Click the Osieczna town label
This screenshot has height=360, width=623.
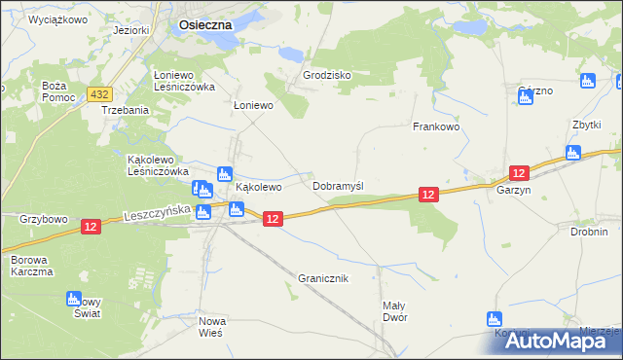point(205,26)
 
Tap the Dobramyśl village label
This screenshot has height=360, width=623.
point(338,185)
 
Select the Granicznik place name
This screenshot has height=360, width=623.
point(322,278)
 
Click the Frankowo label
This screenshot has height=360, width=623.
point(435,126)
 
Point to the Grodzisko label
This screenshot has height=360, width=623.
point(326,75)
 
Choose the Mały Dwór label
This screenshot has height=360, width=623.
point(394,310)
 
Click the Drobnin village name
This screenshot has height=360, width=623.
point(590,232)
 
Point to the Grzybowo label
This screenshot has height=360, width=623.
point(43,220)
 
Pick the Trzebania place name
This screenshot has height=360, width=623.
point(126,110)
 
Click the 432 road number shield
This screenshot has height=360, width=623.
point(97,92)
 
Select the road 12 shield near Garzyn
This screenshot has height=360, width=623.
point(519,173)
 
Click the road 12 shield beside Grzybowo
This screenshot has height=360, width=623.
point(91,227)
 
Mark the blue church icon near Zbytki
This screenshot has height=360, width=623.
point(573,153)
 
